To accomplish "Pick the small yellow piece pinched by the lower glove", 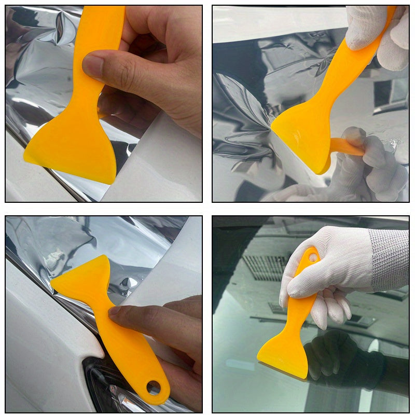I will click(345, 147).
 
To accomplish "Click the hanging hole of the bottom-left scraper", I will click(154, 387).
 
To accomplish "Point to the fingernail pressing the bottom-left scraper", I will click(114, 311).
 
